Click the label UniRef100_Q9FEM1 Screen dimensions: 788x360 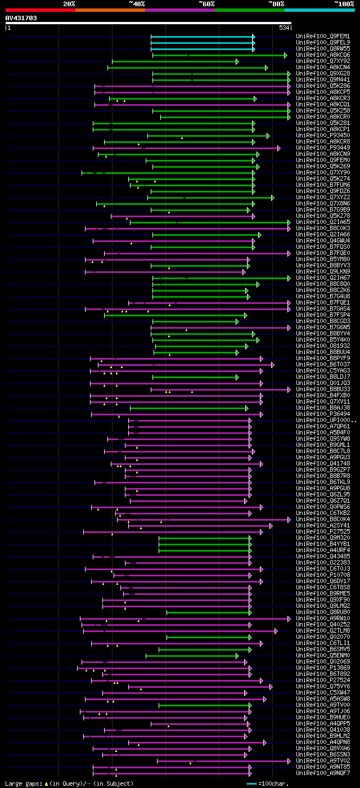click(x=315, y=36)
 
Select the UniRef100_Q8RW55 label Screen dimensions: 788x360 click(x=315, y=48)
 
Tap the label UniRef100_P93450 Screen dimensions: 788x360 click(x=315, y=135)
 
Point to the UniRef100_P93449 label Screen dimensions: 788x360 click(x=315, y=147)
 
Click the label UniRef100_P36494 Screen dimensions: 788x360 click(x=315, y=414)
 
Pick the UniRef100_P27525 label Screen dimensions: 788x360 click(x=315, y=531)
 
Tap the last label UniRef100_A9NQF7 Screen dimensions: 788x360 click(x=315, y=773)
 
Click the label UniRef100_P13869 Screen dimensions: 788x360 click(x=315, y=668)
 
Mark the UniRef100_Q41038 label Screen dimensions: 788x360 click(x=315, y=729)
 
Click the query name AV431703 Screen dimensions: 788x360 click(x=21, y=18)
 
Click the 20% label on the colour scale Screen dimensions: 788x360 click(x=69, y=4)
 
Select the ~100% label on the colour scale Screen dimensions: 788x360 click(x=343, y=4)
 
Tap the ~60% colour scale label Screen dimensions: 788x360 click(x=206, y=4)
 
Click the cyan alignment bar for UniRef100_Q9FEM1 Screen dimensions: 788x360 click(x=202, y=37)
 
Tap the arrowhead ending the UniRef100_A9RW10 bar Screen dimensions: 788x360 click(x=289, y=619)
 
